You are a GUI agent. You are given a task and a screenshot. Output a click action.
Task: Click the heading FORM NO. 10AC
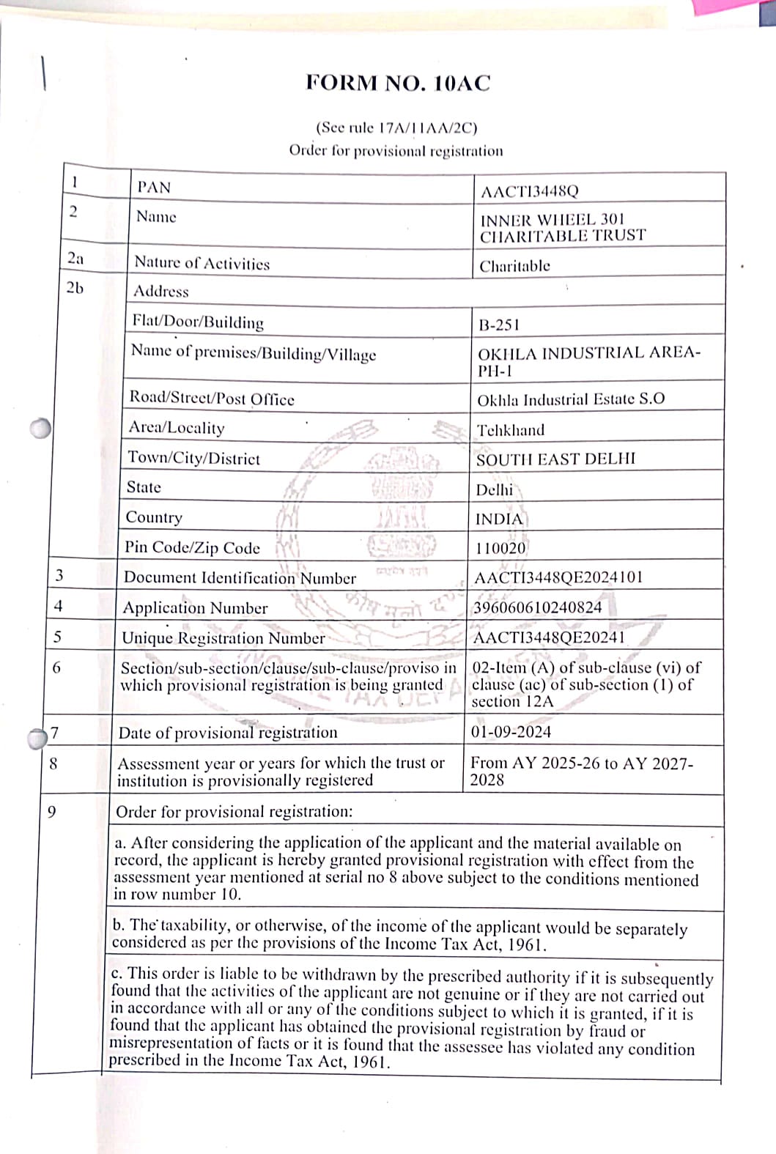tap(398, 83)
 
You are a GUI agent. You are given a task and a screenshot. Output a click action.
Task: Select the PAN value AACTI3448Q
tap(529, 192)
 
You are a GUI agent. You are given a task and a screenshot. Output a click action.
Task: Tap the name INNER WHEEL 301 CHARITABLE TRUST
tap(563, 228)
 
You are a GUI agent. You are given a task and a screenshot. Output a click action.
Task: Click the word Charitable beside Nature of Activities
tap(514, 266)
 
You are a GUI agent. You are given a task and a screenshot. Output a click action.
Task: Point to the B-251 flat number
tap(498, 325)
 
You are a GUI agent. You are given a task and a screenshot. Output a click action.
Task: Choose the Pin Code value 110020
tap(500, 548)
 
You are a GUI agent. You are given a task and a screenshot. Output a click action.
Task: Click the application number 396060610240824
tap(538, 607)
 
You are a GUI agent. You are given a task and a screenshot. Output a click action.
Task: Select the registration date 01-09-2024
tap(511, 731)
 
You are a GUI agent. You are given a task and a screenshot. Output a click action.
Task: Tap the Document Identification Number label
tap(240, 577)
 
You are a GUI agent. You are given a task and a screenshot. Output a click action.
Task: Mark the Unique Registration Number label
tap(223, 638)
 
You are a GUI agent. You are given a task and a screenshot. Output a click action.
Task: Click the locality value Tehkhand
tap(511, 430)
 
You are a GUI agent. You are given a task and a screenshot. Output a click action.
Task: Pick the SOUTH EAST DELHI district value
tap(555, 459)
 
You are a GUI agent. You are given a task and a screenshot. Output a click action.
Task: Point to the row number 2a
tap(75, 259)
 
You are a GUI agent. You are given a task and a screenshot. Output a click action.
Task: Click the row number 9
tap(51, 812)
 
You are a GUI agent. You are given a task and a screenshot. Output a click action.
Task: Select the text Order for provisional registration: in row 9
tap(234, 812)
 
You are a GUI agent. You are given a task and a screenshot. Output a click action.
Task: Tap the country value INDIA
tap(499, 519)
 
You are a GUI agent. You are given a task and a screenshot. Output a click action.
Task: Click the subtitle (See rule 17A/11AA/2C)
tap(396, 128)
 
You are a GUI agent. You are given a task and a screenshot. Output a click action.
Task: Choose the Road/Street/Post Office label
tap(212, 399)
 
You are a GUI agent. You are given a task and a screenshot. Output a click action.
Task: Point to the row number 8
tap(53, 763)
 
